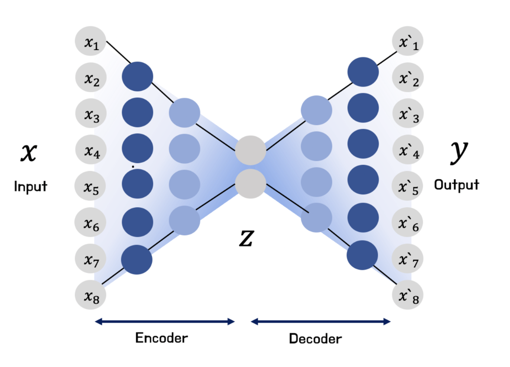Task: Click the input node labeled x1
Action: click(x=90, y=42)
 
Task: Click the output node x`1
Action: click(x=408, y=42)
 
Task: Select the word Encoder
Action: click(x=161, y=338)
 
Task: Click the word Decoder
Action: click(x=315, y=338)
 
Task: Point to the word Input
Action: click(x=30, y=187)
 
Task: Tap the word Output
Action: click(x=457, y=185)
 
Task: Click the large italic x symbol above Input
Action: click(x=29, y=153)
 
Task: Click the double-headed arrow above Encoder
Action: click(x=165, y=322)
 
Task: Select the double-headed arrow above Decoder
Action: click(x=321, y=322)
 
